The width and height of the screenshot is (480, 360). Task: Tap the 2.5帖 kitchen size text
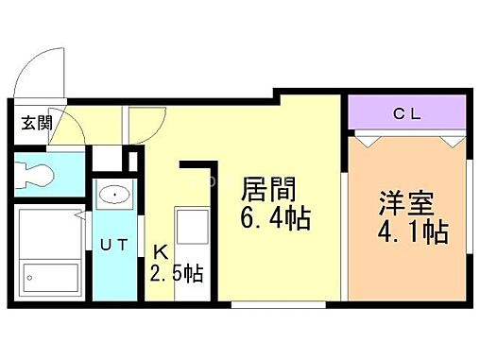(x=176, y=275)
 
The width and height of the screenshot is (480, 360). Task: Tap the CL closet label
(x=407, y=114)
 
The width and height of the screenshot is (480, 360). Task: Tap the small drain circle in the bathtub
(x=30, y=278)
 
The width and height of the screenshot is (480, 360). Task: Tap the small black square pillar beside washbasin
(x=136, y=162)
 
